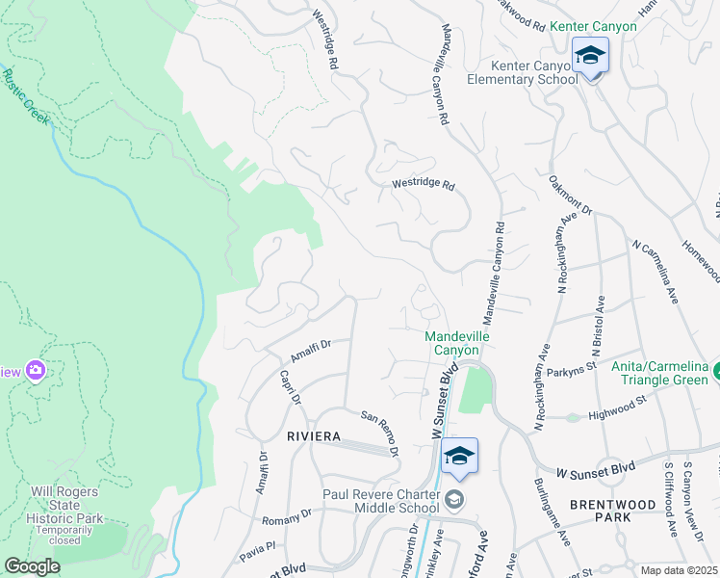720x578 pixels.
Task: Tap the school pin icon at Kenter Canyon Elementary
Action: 590,57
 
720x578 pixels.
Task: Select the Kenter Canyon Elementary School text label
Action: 534,72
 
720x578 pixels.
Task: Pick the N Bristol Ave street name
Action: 598,328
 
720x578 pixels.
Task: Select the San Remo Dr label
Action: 380,433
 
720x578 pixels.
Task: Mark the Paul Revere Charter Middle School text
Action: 380,502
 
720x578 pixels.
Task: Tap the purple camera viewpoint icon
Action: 36,370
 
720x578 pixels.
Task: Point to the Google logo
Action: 32,566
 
